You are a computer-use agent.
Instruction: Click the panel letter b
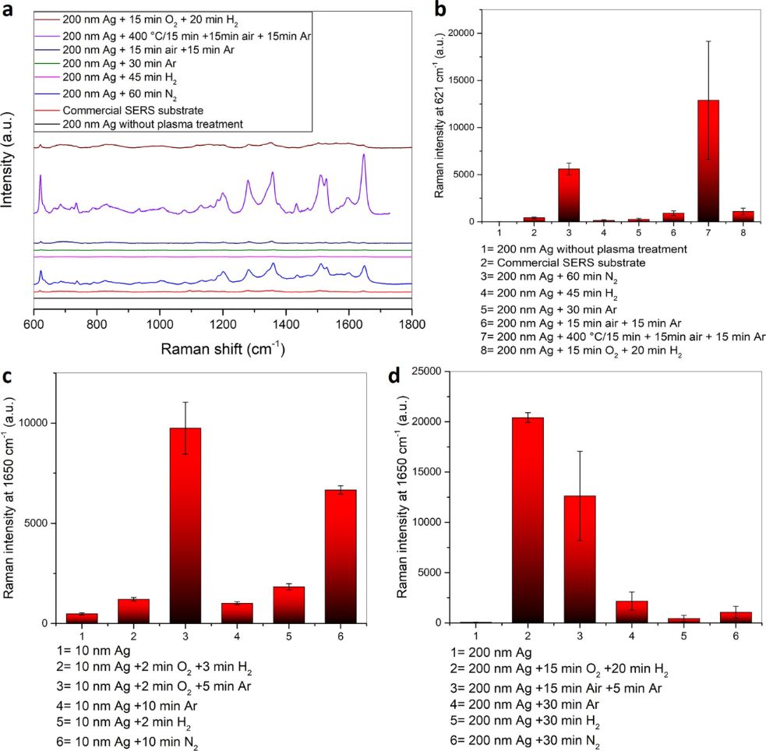(x=440, y=10)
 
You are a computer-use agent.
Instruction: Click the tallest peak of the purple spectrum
(x=363, y=156)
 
